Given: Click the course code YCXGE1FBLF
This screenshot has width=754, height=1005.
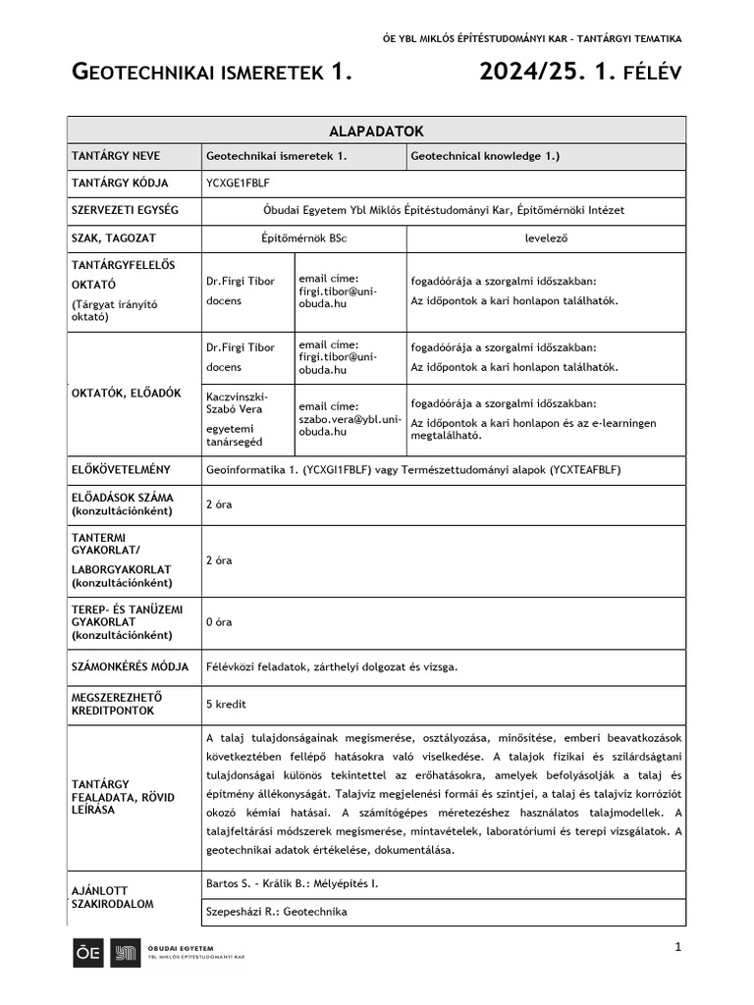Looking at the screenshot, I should coord(238,183).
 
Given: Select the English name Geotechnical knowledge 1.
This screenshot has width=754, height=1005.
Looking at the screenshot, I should coord(485,156).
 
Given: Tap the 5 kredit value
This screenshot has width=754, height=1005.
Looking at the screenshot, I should coord(226,704).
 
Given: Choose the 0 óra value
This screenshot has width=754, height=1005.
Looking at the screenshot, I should coord(219,622).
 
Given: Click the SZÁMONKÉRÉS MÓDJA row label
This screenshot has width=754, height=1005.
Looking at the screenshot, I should coord(130,666).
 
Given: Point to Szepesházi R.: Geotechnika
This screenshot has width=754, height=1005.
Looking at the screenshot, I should coord(276,912).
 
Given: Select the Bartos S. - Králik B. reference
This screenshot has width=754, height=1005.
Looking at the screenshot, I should coord(292,883).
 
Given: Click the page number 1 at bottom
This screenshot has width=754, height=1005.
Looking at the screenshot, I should coord(677,946).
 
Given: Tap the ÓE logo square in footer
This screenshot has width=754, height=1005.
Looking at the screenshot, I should coord(87,953).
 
